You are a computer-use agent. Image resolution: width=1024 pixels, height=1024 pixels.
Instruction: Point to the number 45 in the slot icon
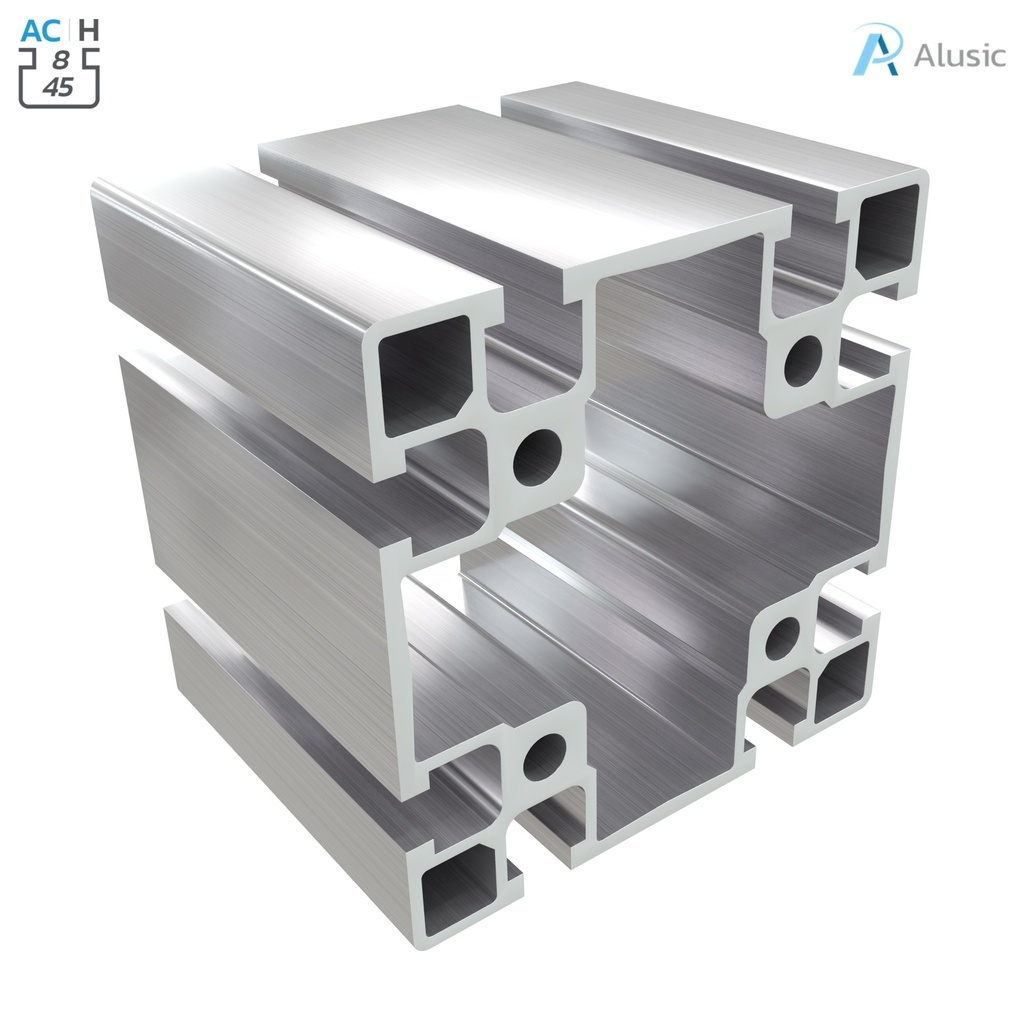click(59, 87)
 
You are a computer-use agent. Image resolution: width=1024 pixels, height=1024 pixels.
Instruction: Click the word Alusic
click(958, 55)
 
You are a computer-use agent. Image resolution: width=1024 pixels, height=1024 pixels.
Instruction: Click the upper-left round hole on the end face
click(538, 457)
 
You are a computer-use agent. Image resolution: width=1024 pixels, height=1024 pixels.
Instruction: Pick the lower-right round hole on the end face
click(783, 638)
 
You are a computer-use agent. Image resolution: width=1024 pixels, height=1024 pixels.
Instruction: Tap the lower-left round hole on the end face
click(544, 757)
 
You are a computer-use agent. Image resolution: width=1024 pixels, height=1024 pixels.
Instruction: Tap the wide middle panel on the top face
click(520, 190)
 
